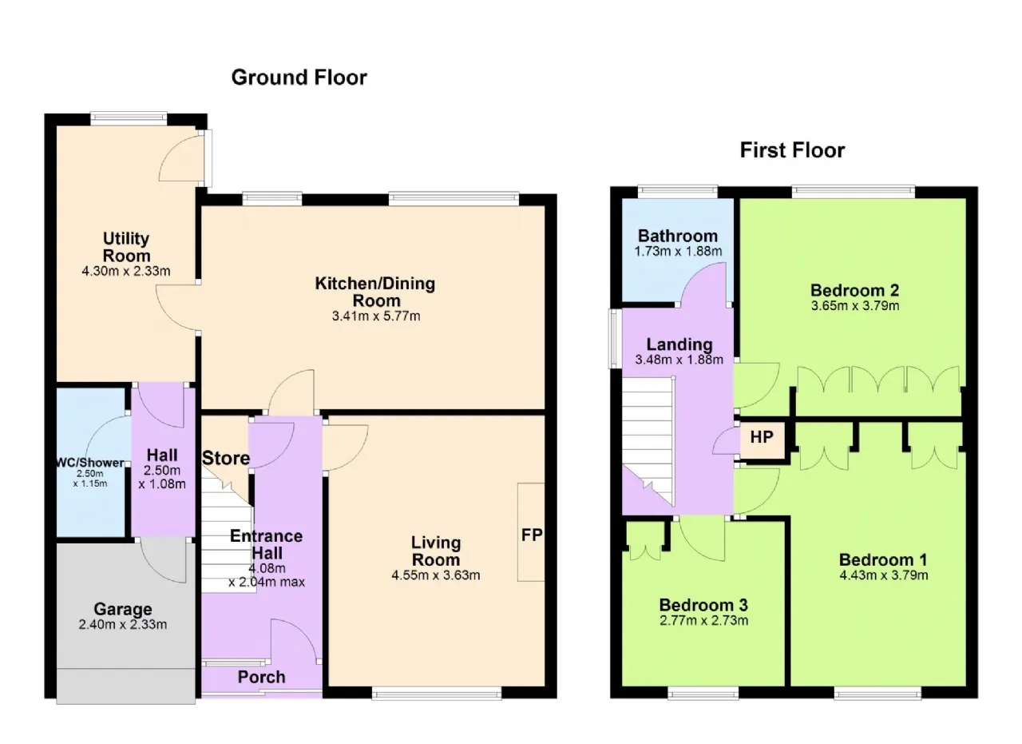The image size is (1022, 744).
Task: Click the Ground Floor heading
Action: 299,78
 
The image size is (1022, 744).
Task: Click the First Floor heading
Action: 792,150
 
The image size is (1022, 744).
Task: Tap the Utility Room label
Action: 126,247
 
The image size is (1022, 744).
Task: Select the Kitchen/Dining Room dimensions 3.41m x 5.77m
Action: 376,316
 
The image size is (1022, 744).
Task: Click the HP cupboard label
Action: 762,437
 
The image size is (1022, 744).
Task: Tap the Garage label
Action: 123,609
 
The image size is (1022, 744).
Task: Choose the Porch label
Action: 261,677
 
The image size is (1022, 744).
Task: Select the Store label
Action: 226,458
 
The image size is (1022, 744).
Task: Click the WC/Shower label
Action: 90,463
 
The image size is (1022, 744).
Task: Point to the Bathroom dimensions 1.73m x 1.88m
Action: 678,251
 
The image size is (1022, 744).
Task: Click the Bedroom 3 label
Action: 703,605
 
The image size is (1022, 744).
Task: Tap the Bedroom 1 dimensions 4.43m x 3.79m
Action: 884,575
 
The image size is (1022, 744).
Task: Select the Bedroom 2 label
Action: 855,290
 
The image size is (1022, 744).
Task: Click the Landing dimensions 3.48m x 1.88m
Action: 679,360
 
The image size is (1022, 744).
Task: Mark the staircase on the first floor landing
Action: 649,442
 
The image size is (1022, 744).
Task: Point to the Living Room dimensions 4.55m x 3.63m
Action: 436,575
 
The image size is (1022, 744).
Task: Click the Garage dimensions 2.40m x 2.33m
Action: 123,624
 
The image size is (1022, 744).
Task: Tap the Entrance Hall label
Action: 267,544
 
